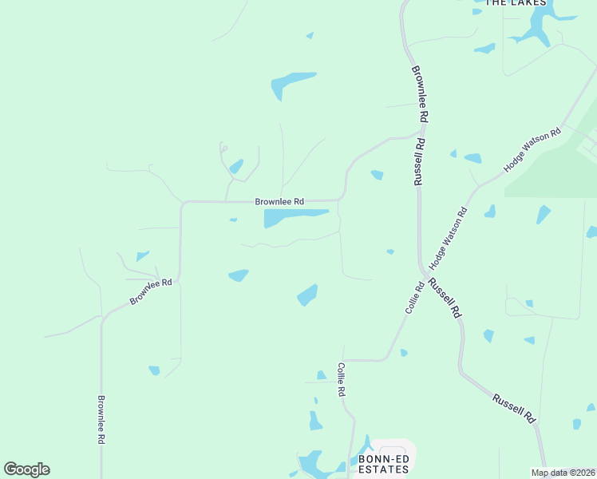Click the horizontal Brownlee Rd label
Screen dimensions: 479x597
(279, 202)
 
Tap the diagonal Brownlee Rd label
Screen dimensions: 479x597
(152, 292)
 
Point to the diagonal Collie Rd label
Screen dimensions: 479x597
(414, 297)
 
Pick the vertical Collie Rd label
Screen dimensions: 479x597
(342, 381)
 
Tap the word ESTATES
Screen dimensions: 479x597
(383, 470)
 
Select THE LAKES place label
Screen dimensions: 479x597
(516, 3)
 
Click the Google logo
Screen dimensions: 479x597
(26, 469)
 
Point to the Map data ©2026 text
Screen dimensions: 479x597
(563, 473)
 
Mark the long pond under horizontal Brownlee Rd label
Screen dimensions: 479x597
(294, 216)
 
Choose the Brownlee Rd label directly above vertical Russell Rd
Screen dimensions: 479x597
(421, 93)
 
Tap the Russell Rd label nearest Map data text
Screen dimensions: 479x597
(513, 408)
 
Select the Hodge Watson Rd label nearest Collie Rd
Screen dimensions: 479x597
(449, 237)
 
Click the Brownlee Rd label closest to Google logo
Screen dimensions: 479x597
(101, 420)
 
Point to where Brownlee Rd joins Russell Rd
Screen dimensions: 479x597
(420, 133)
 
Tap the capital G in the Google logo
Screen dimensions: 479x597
(11, 469)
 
